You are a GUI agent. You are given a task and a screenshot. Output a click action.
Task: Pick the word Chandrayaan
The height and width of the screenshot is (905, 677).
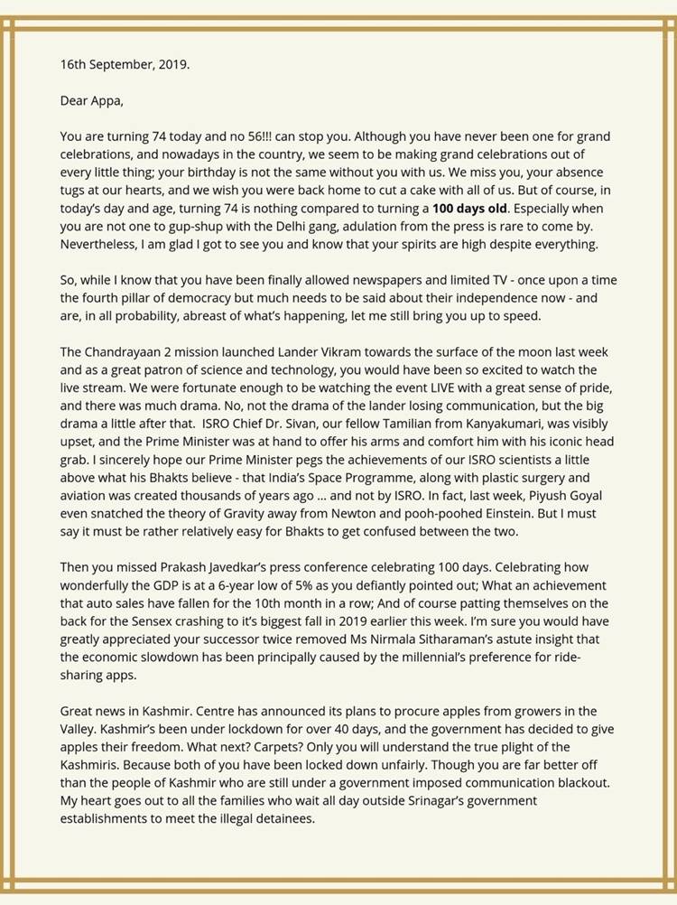tap(132, 352)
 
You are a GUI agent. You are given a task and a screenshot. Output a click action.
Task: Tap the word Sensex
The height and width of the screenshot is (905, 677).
tap(160, 621)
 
